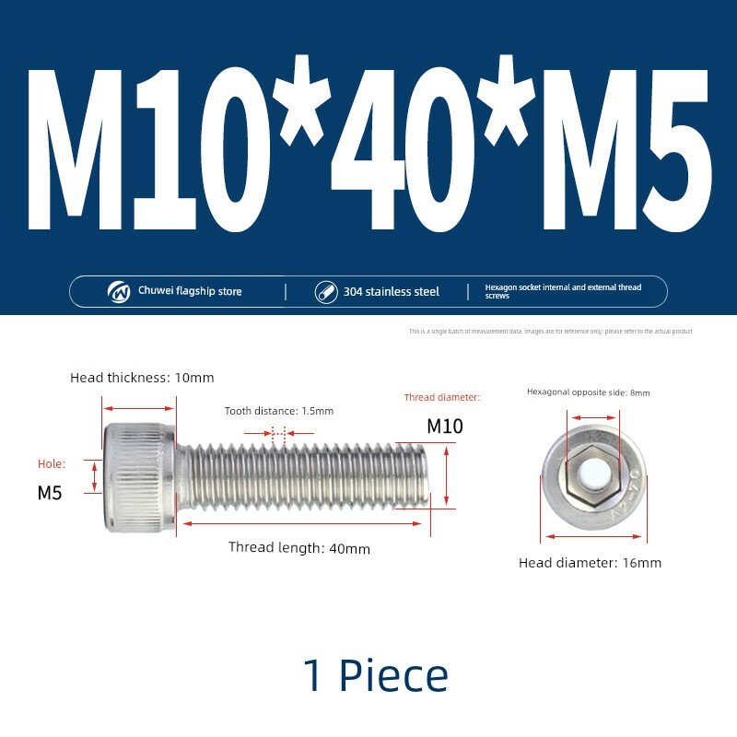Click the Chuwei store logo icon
coord(119,292)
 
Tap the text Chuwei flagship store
coord(190,291)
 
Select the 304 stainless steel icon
coord(326,292)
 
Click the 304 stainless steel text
coord(391,292)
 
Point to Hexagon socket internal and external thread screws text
coord(563,291)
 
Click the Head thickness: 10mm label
coord(142,378)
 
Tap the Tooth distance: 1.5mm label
coord(279,411)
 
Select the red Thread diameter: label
coord(442,397)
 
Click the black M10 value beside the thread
coord(445,427)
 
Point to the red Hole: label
coord(52,464)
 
